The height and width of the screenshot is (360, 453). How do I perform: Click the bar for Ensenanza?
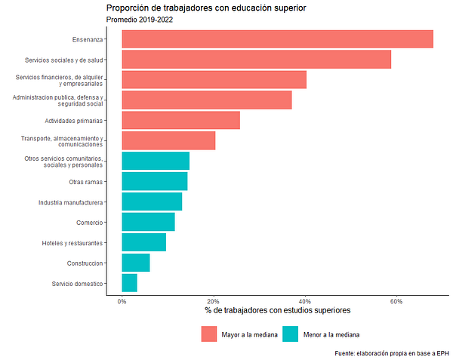click(277, 39)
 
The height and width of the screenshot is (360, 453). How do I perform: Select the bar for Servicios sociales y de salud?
click(256, 60)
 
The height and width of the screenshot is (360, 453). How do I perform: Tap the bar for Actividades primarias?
click(180, 120)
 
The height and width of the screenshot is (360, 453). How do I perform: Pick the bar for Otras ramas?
click(154, 181)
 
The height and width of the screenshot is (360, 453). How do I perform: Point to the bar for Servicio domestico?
click(129, 283)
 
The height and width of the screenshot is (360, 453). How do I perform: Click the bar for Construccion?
click(135, 263)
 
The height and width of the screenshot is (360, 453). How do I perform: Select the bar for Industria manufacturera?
click(152, 202)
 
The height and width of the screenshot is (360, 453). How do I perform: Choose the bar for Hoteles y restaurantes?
click(143, 242)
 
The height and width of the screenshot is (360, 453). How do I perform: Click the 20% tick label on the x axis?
click(214, 301)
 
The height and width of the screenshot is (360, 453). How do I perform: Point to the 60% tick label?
click(396, 301)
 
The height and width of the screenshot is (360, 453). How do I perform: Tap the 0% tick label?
click(122, 301)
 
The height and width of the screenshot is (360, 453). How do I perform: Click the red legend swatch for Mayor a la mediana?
click(209, 334)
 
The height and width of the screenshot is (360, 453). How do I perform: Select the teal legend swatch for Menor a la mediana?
click(290, 334)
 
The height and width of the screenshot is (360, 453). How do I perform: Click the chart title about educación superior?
click(206, 8)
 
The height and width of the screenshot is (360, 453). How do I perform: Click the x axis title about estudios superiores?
click(277, 311)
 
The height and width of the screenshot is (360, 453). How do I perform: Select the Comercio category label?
click(89, 223)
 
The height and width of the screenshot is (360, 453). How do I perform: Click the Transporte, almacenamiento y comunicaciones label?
click(64, 141)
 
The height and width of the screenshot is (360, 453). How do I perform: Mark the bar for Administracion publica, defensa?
click(206, 100)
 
